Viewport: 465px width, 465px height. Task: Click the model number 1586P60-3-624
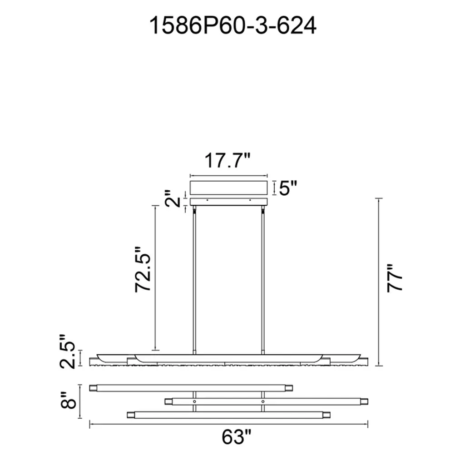tap(232, 25)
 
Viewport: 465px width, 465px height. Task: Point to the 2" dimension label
tap(173, 199)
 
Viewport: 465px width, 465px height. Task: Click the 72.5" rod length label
tap(143, 269)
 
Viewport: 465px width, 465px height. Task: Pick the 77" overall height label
tap(395, 278)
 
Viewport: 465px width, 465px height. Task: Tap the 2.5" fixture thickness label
tap(67, 352)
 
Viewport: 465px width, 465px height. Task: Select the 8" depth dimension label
tap(68, 401)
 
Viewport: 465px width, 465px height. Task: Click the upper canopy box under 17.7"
tap(229, 188)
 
